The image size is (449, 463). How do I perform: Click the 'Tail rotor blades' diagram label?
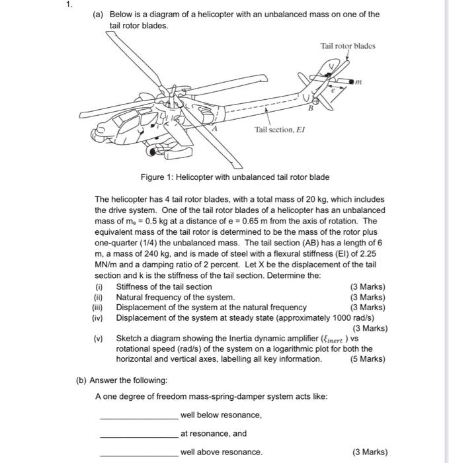point(347,46)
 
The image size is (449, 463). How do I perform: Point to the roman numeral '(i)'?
point(99,286)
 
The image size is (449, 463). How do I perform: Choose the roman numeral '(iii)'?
point(98,307)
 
